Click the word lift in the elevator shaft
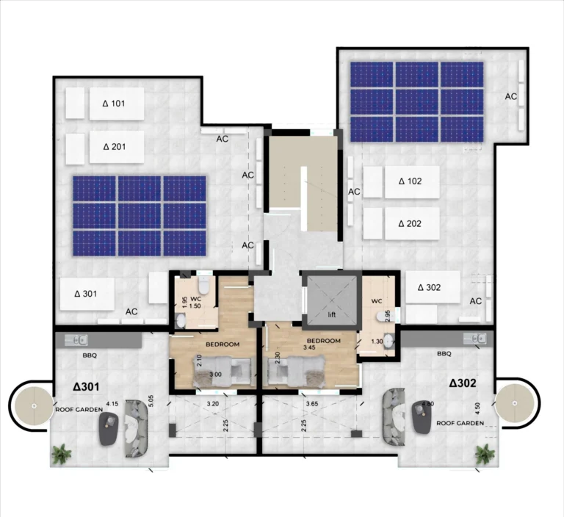(x=330, y=315)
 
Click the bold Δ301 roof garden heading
(x=86, y=386)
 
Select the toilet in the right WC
(x=382, y=314)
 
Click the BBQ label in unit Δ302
(x=444, y=353)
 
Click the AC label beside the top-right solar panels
(x=511, y=96)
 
